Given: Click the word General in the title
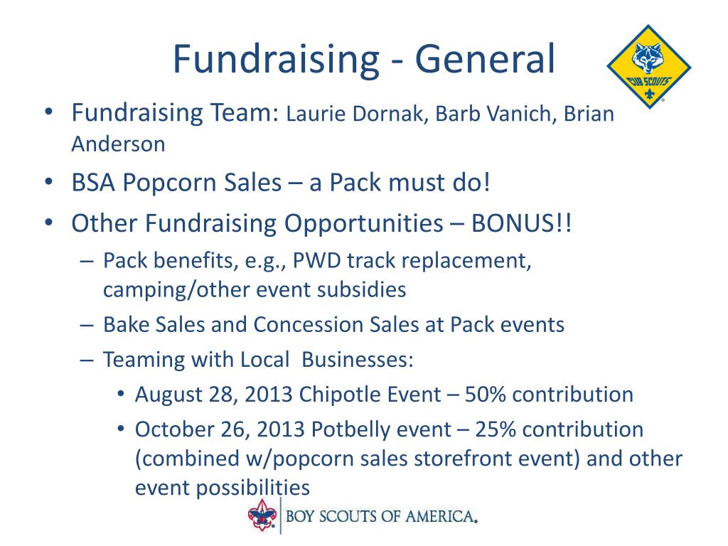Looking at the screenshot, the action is pos(485,60).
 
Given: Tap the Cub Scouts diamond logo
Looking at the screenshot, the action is pos(649,67).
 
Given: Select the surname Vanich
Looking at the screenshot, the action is pos(520,114).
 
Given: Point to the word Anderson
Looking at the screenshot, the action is pos(119,144).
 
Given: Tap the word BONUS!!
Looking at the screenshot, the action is pos(521,223).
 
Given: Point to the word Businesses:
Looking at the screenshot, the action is pos(358,359).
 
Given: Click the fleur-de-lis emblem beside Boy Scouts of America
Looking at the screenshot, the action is pos(262,515).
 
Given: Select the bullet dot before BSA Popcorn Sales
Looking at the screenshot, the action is pos(49,182).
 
